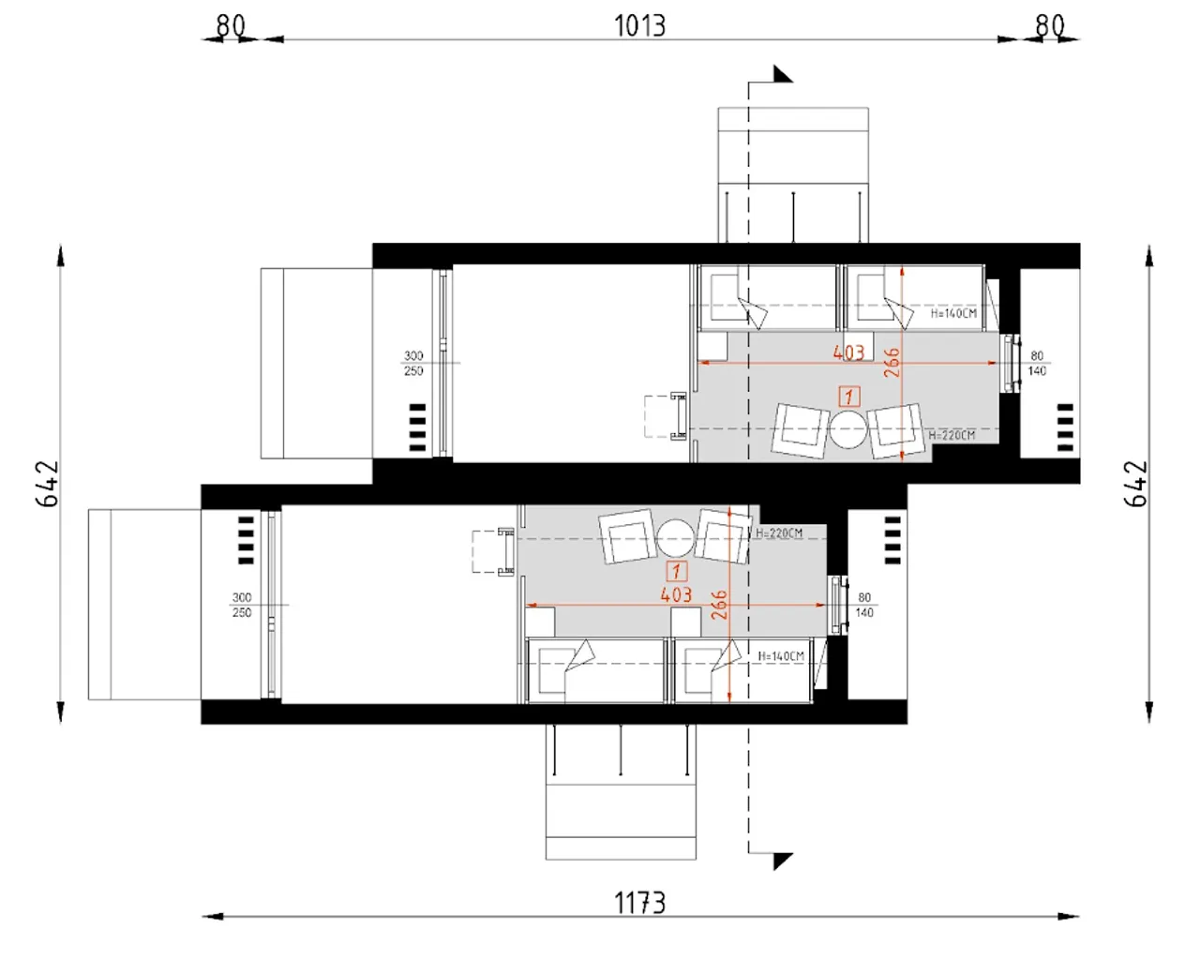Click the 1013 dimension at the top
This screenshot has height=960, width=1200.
(x=639, y=26)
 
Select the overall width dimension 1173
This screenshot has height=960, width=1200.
(x=639, y=903)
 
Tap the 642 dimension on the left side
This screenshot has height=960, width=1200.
(x=48, y=484)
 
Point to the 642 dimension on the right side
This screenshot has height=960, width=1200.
(x=1136, y=484)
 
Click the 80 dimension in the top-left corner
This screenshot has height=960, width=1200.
(x=231, y=25)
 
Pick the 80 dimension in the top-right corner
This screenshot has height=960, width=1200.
(x=1050, y=25)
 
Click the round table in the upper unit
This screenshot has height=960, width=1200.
(x=848, y=429)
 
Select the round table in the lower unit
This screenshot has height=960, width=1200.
(x=675, y=538)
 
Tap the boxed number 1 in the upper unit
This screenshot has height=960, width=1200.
(x=849, y=397)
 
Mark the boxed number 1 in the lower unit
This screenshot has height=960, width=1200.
(x=676, y=571)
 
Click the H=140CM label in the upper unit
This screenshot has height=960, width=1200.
(x=953, y=313)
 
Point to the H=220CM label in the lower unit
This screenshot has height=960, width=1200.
(x=779, y=533)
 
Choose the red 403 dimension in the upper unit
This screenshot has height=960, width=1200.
(x=848, y=352)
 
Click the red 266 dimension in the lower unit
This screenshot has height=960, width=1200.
(x=719, y=605)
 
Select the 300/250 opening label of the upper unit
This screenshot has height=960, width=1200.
(x=413, y=363)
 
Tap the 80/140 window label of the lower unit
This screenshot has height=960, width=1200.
(x=864, y=605)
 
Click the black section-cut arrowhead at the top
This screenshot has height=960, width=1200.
(x=782, y=74)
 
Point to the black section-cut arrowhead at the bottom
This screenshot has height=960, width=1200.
(x=782, y=862)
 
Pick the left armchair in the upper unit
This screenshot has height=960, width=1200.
(x=801, y=430)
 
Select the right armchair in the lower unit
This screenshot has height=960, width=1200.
(x=723, y=536)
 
